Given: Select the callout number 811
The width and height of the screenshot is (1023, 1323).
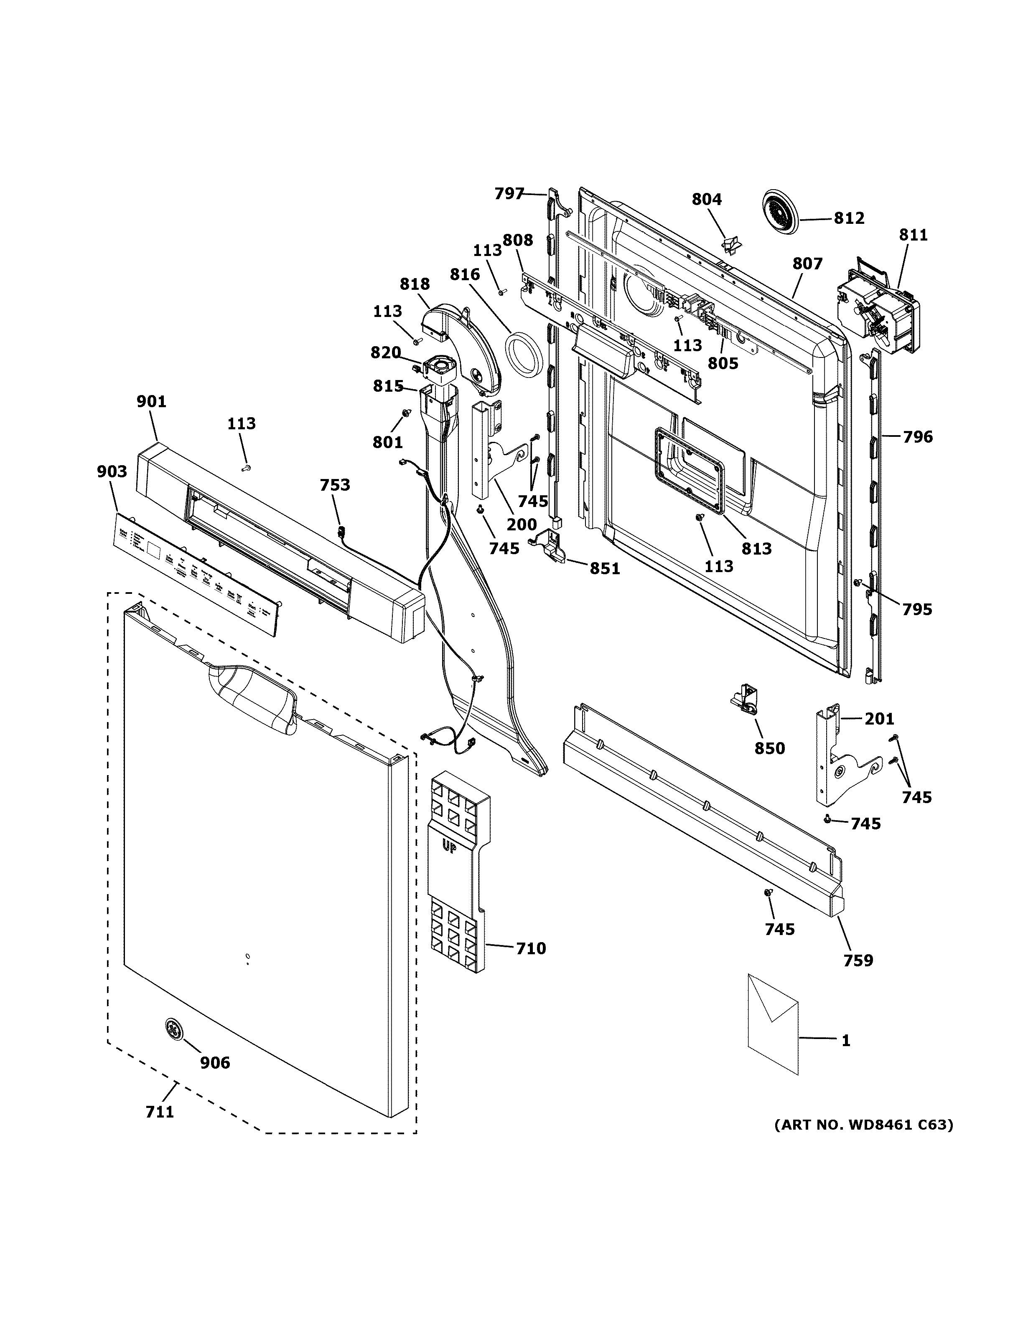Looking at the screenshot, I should click(x=913, y=235).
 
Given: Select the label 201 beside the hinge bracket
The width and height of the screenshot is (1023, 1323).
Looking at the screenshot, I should click(x=879, y=719).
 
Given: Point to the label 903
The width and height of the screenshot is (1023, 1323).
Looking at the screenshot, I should click(x=112, y=471).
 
